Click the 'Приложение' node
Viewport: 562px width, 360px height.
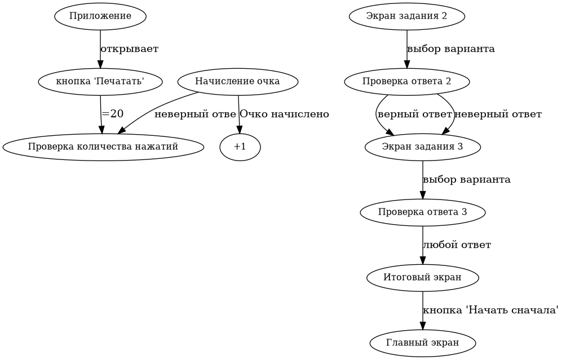pyautogui.click(x=100, y=16)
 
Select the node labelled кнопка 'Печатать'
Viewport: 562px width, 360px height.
pyautogui.click(x=100, y=81)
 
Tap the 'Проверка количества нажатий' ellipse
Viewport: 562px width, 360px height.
pyautogui.click(x=103, y=147)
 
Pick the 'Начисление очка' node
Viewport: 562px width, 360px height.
pyautogui.click(x=237, y=81)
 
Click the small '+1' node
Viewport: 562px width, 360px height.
pyautogui.click(x=240, y=147)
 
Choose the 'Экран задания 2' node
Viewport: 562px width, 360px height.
pyautogui.click(x=406, y=16)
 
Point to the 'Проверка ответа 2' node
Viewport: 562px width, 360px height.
pyautogui.click(x=406, y=81)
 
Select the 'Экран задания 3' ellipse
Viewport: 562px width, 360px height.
pyautogui.click(x=422, y=147)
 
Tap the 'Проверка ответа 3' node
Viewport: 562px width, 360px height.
pyautogui.click(x=422, y=212)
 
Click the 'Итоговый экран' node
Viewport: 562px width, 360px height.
pyautogui.click(x=422, y=277)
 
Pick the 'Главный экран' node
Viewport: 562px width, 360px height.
pyautogui.click(x=422, y=343)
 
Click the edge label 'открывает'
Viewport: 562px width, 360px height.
pyautogui.click(x=129, y=49)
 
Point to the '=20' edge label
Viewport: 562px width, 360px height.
pyautogui.click(x=113, y=114)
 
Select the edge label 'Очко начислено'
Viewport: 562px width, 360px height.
pyautogui.click(x=284, y=114)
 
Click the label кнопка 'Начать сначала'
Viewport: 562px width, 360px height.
pyautogui.click(x=490, y=310)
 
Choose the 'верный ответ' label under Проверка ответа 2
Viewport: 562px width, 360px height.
pyautogui.click(x=414, y=114)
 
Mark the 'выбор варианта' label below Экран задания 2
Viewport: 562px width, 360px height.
pyautogui.click(x=450, y=49)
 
